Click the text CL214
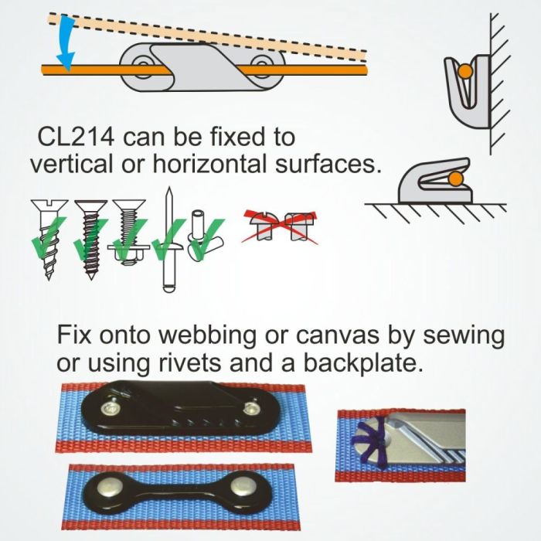(76, 137)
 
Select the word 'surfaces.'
(328, 164)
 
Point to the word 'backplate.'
(363, 362)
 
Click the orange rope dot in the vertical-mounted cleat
(465, 71)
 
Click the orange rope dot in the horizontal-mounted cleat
(456, 179)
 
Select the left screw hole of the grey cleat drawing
(141, 64)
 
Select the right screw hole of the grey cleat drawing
(262, 64)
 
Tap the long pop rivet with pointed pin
(168, 240)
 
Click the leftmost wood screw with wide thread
(49, 239)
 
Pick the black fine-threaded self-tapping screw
(91, 240)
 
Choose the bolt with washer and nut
(129, 232)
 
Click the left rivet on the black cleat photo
(110, 408)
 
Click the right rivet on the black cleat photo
(250, 408)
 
